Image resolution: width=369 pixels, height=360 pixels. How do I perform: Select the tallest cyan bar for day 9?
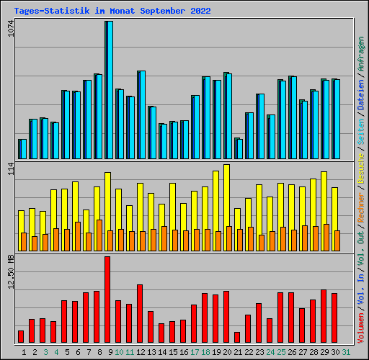(109, 90)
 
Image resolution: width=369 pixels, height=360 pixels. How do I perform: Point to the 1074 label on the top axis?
(10, 31)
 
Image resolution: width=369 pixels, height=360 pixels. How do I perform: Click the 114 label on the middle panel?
(10, 170)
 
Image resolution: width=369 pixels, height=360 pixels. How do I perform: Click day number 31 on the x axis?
(346, 352)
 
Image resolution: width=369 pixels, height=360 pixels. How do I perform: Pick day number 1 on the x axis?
(25, 352)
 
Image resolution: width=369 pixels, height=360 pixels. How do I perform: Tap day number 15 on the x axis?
(173, 352)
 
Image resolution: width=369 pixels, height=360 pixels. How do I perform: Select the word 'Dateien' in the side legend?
(361, 112)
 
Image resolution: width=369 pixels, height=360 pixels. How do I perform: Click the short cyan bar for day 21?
(239, 149)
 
